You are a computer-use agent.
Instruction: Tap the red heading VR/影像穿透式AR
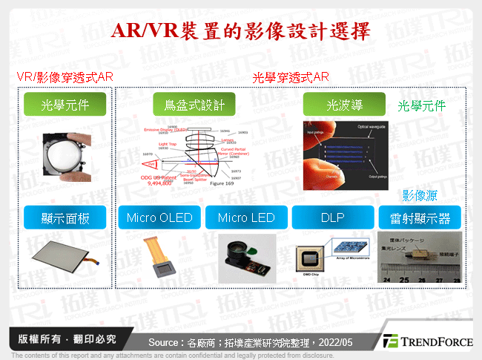(65, 76)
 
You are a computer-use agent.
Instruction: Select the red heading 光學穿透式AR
(291, 76)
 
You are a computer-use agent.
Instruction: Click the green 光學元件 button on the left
(66, 105)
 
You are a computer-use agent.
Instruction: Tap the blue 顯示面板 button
(66, 217)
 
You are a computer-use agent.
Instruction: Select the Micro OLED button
(159, 217)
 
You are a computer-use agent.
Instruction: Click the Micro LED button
(247, 217)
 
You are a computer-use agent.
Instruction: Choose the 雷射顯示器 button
(420, 217)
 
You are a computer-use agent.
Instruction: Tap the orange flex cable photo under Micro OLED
(162, 259)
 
